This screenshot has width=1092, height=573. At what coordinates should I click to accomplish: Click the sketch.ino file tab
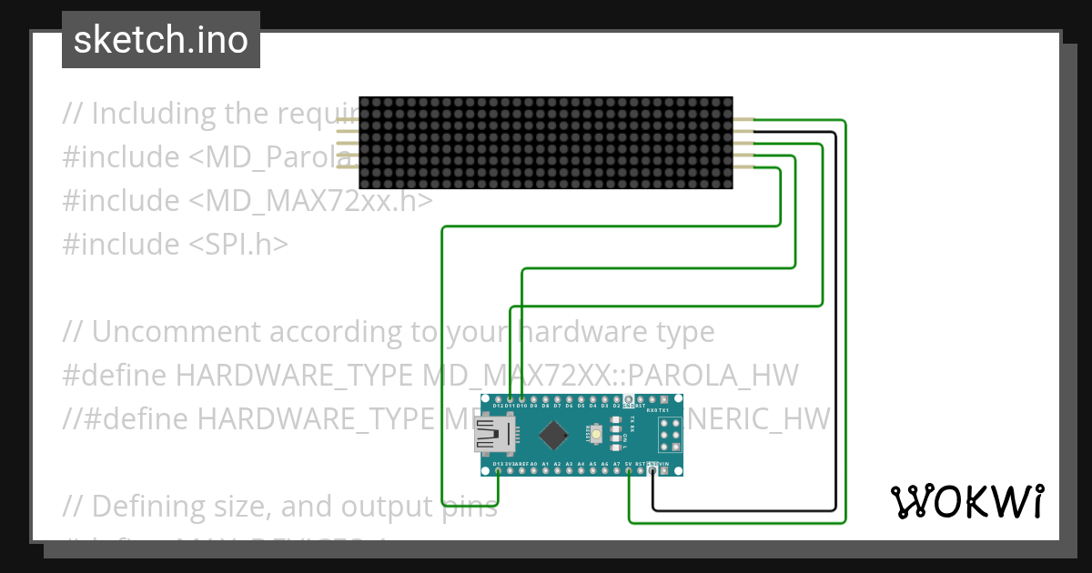(x=160, y=40)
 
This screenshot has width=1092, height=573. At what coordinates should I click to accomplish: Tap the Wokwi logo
(x=966, y=501)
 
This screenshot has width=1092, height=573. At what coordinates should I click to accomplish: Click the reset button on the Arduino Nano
(x=596, y=435)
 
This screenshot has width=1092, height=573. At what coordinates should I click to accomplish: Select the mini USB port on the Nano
(x=492, y=435)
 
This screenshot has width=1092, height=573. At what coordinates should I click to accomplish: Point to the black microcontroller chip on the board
(x=552, y=436)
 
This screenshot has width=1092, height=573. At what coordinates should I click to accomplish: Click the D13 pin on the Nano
(x=498, y=471)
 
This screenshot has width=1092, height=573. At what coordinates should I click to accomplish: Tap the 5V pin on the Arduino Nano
(x=629, y=471)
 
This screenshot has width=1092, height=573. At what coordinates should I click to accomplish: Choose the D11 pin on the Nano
(x=510, y=399)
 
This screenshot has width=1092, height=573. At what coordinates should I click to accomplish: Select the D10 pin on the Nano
(x=521, y=399)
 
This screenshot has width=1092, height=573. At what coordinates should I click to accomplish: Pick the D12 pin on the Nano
(x=498, y=399)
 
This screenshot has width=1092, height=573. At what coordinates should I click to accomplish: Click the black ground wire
(x=835, y=318)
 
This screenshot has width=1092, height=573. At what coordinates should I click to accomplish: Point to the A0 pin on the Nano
(x=533, y=471)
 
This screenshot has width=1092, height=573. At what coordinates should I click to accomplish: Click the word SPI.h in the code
(x=238, y=244)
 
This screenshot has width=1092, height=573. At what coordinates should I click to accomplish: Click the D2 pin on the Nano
(x=616, y=399)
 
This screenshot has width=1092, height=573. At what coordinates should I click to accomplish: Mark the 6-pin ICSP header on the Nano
(x=670, y=436)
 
